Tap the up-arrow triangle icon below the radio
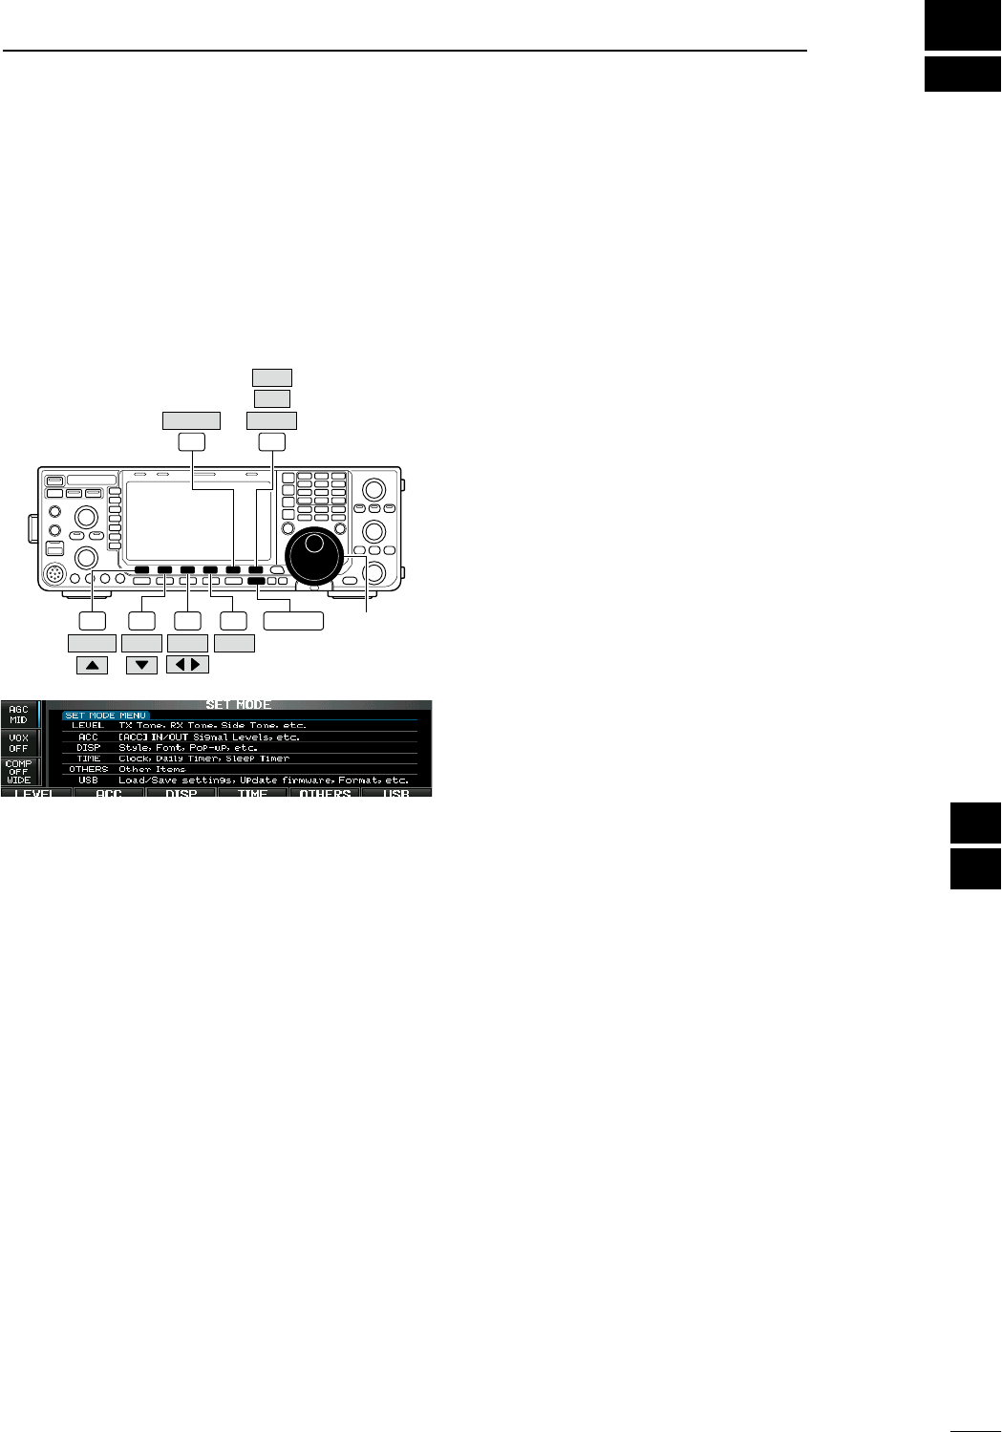(x=92, y=665)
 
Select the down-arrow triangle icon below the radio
(x=141, y=665)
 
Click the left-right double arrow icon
(x=187, y=665)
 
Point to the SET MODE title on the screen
(x=239, y=705)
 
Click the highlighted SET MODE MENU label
(x=106, y=716)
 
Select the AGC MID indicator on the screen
(x=19, y=715)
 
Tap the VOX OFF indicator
(x=19, y=743)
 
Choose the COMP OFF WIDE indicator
(x=19, y=772)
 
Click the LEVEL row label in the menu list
(x=87, y=726)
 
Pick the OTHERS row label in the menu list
(x=88, y=769)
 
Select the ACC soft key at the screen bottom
(x=109, y=793)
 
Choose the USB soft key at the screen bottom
(x=395, y=793)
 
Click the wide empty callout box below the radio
(x=293, y=621)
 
